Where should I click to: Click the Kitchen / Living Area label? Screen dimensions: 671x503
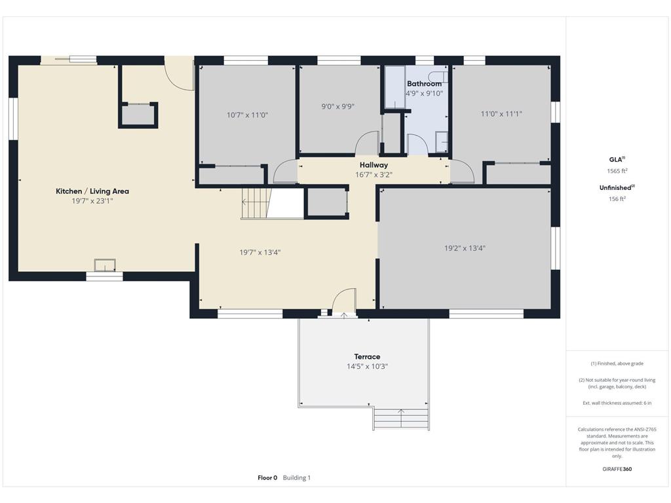coord(92,191)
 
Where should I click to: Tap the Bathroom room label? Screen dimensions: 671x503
coord(424,84)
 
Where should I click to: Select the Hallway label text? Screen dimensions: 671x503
coord(374,164)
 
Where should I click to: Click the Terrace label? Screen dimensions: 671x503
coord(367,356)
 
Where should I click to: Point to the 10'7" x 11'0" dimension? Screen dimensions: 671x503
coord(247,115)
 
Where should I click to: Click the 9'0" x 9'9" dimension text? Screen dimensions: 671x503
coord(338,106)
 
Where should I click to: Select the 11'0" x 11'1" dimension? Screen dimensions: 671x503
coord(501,114)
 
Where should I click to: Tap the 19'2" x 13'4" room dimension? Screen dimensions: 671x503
coord(465,248)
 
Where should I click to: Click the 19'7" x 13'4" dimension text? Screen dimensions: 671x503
coord(259,252)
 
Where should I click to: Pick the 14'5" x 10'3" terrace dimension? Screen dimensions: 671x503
coord(367,366)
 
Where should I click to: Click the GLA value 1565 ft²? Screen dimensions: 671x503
coord(617,171)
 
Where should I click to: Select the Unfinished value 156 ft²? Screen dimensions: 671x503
coord(617,199)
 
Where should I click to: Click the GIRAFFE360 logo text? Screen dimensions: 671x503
coord(617,469)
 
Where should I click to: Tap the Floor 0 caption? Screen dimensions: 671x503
coord(267,477)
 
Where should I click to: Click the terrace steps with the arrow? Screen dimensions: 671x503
coord(401,419)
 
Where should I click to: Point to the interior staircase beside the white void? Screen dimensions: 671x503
coord(256,204)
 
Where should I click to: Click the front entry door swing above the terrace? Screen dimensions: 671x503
coord(344,302)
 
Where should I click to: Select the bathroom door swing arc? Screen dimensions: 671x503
coord(417,144)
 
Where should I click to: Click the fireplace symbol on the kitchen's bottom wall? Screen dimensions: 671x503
coord(105,265)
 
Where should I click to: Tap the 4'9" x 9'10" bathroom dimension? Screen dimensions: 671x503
coord(424,93)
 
